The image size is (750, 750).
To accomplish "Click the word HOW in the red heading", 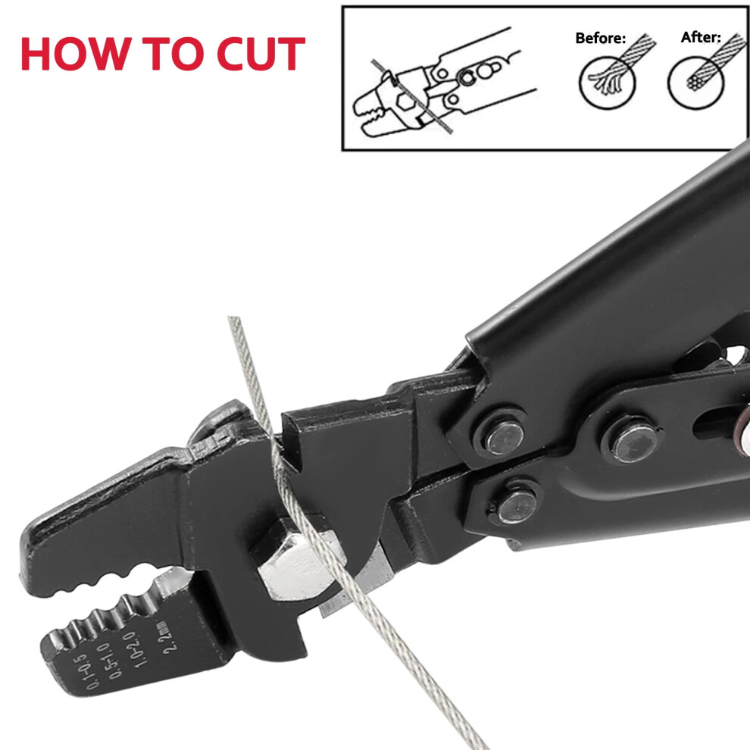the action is click(76, 54).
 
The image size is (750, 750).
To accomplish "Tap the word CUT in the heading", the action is click(261, 54).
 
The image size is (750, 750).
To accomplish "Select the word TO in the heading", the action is click(173, 54).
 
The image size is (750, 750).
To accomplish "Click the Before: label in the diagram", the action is click(600, 38).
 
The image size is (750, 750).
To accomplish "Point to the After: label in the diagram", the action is click(701, 37).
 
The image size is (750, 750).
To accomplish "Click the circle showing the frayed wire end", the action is click(607, 82).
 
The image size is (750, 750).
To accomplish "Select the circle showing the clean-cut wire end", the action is click(696, 82).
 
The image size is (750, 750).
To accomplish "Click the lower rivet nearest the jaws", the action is click(517, 506).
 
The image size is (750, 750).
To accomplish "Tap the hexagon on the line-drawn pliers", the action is click(405, 102).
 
